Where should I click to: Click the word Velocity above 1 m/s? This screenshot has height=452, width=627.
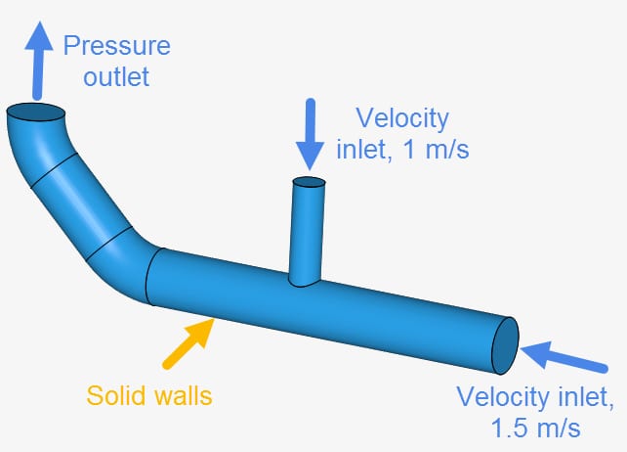[x=402, y=119]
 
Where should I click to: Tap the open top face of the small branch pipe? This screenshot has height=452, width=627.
[x=310, y=182]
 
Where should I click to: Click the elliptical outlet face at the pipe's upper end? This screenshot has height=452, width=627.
[x=35, y=114]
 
